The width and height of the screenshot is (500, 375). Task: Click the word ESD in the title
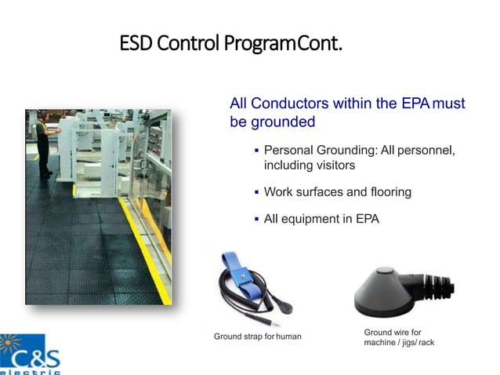pyautogui.click(x=136, y=43)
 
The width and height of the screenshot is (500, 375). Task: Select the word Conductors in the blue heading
pyautogui.click(x=290, y=104)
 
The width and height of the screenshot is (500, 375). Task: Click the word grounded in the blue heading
pyautogui.click(x=283, y=122)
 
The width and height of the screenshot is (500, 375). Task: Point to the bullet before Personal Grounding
pyautogui.click(x=257, y=150)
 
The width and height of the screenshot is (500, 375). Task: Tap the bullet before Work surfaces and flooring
pyautogui.click(x=257, y=192)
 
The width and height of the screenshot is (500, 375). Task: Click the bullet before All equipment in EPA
pyautogui.click(x=257, y=219)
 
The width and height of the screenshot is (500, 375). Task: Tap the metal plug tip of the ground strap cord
pyautogui.click(x=274, y=323)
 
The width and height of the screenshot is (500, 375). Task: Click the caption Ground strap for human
pyautogui.click(x=258, y=337)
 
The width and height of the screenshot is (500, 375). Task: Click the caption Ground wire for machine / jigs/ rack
pyautogui.click(x=399, y=337)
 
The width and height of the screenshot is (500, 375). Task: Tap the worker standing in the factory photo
pyautogui.click(x=44, y=145)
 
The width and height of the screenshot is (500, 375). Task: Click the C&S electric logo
pyautogui.click(x=30, y=355)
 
